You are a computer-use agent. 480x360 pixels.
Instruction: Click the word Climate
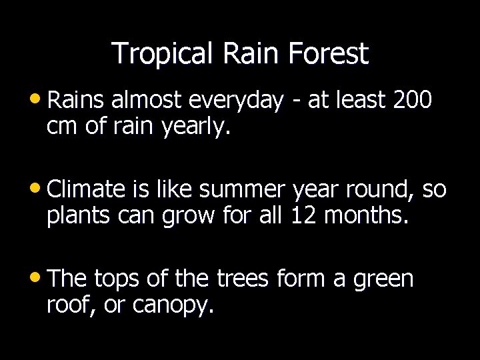[87, 191]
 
